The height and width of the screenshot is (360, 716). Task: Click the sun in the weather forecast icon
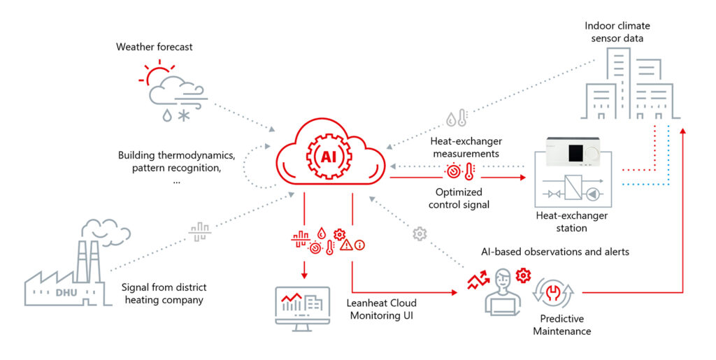coord(158,75)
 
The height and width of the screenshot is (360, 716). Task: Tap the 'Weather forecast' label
coord(155,47)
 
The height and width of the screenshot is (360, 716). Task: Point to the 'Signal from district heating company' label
coord(164,294)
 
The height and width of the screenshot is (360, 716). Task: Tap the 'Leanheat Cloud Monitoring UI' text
coord(382,309)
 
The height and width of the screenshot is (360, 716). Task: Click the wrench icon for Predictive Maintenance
coord(554,291)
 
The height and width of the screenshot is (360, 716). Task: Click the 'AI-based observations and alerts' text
coord(555,251)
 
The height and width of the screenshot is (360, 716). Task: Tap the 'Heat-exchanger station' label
coord(573,222)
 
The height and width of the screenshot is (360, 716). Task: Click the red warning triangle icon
coord(346,245)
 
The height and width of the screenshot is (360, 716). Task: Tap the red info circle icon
coord(360,245)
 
